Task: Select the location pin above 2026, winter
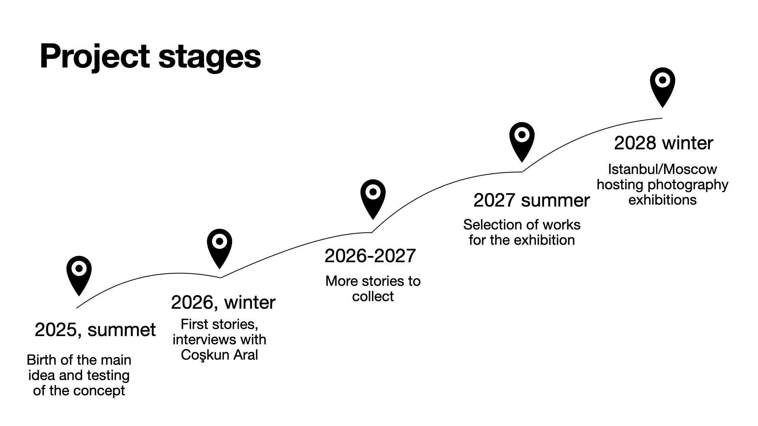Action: coord(220,248)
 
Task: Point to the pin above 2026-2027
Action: coord(373,199)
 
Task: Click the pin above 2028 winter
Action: coord(663,87)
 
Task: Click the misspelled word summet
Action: coord(122,330)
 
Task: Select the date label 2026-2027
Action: coord(370,256)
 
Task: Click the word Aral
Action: coord(246,355)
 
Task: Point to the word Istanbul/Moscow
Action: coord(662,169)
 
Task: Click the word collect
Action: coord(373,297)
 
